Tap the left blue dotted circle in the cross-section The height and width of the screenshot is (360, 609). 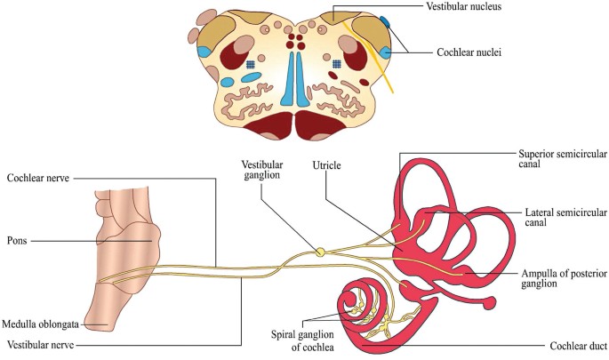252,64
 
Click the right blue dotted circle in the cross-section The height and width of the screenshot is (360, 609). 337,64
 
